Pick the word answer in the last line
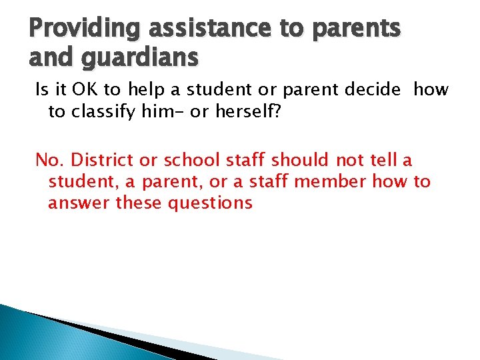click(x=79, y=203)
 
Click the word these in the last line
click(x=139, y=203)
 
